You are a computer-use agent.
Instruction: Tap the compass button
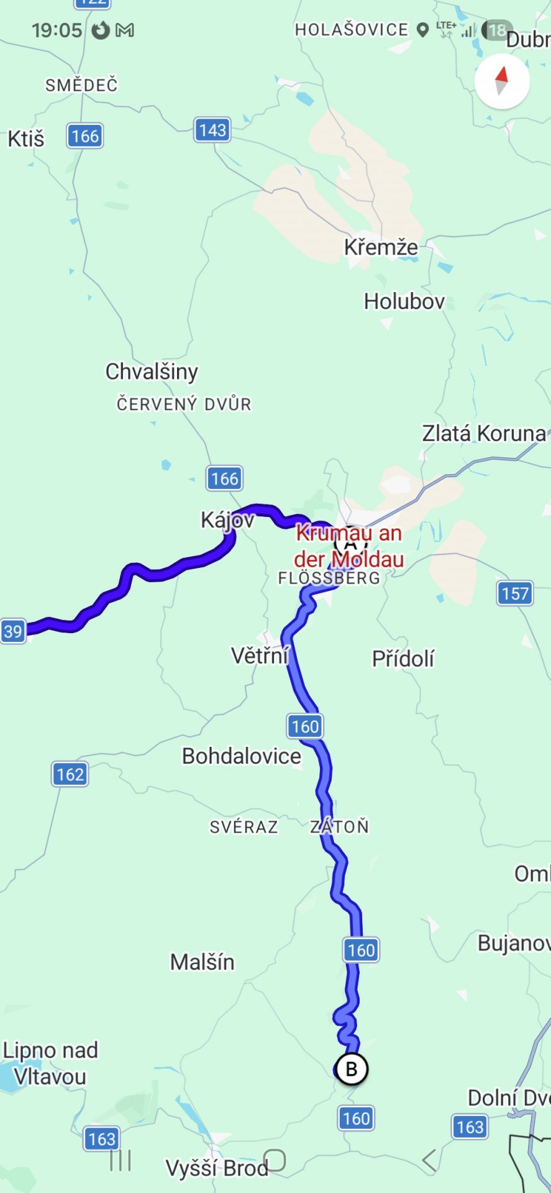502,81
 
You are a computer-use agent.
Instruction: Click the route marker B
352,1069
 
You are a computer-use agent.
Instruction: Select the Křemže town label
381,247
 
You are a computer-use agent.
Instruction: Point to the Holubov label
404,301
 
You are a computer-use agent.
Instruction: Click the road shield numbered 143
212,130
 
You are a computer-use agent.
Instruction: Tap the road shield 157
515,593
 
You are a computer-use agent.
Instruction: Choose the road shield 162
70,774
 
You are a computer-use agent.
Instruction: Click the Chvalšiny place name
152,372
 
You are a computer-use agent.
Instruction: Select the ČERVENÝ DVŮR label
184,404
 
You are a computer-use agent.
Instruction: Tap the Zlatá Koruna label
484,433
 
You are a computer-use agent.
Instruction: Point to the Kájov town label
227,519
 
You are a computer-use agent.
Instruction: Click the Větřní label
260,656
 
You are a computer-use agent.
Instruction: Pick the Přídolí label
403,659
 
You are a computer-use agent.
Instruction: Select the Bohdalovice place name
241,756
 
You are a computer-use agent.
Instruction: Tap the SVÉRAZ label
244,827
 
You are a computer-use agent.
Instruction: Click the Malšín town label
203,962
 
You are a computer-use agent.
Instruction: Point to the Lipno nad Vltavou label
50,1063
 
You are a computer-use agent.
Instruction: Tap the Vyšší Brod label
217,1168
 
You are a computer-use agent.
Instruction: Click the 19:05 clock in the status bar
57,30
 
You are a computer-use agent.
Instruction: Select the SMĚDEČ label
81,85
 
